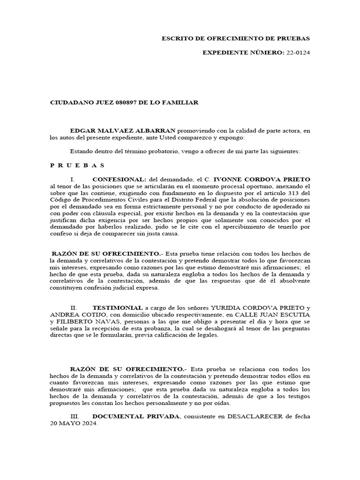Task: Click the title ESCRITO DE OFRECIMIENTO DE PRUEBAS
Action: click(x=235, y=38)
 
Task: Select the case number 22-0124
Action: click(x=298, y=52)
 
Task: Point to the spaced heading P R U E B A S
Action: click(x=78, y=165)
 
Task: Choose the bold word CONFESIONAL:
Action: click(x=119, y=180)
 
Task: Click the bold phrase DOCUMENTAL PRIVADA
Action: click(x=135, y=416)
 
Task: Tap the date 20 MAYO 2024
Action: click(x=74, y=423)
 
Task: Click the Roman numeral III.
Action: click(x=75, y=416)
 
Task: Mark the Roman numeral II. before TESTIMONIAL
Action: click(x=74, y=307)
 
